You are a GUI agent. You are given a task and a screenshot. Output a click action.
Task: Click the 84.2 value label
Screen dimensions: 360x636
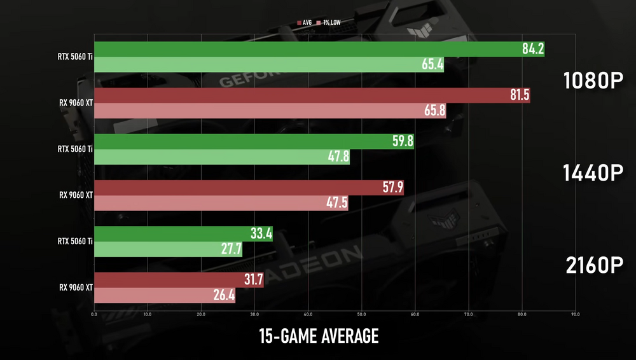click(x=532, y=50)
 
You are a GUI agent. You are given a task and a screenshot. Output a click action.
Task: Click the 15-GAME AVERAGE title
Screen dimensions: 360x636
click(x=318, y=335)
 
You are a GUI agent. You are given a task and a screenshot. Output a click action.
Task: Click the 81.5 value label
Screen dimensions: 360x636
click(x=518, y=96)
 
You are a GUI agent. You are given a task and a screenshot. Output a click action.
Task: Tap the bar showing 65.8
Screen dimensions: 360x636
click(x=270, y=111)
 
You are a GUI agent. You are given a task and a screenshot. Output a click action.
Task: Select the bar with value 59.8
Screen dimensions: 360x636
click(x=254, y=141)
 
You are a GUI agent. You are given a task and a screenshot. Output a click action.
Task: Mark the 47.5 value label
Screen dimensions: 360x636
click(x=336, y=204)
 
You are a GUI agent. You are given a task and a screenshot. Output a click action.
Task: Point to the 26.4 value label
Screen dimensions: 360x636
click(x=223, y=296)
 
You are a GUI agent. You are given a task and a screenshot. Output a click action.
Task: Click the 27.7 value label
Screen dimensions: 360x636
click(x=230, y=249)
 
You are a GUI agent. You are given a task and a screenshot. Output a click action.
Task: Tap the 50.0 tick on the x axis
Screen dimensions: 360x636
click(x=361, y=314)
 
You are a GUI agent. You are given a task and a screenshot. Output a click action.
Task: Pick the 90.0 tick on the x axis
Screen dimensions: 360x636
click(x=574, y=314)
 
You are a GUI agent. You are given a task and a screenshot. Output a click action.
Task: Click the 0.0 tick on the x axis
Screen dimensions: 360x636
click(x=94, y=314)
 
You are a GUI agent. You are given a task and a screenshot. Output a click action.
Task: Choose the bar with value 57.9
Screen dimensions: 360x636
click(x=249, y=188)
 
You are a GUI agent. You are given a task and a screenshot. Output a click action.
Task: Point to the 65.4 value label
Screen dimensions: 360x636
click(x=432, y=65)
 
